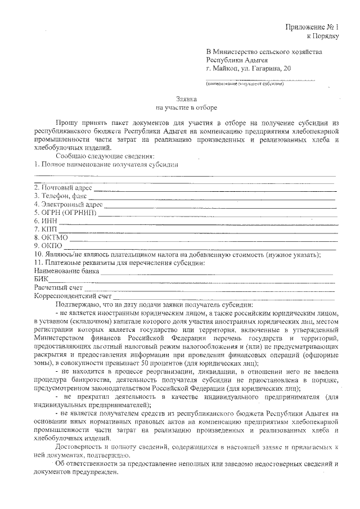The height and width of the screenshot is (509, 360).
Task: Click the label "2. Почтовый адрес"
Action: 63,187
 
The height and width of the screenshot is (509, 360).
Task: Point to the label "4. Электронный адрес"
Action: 68,204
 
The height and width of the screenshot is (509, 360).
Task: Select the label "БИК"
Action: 41,280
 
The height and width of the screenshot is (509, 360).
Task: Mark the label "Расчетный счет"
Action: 58,288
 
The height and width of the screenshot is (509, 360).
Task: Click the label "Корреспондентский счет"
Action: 73,296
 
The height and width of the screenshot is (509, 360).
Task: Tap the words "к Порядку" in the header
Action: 322,36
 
